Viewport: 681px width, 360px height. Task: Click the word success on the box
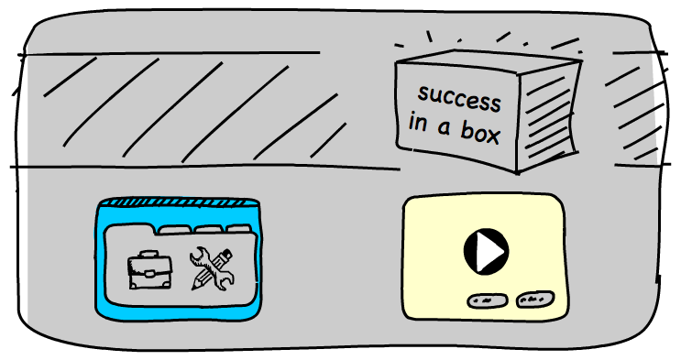(x=459, y=98)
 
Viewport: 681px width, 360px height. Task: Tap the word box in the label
(x=480, y=136)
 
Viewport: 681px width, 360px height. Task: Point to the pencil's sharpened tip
(x=195, y=286)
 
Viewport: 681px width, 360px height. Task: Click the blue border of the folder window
(x=103, y=266)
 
